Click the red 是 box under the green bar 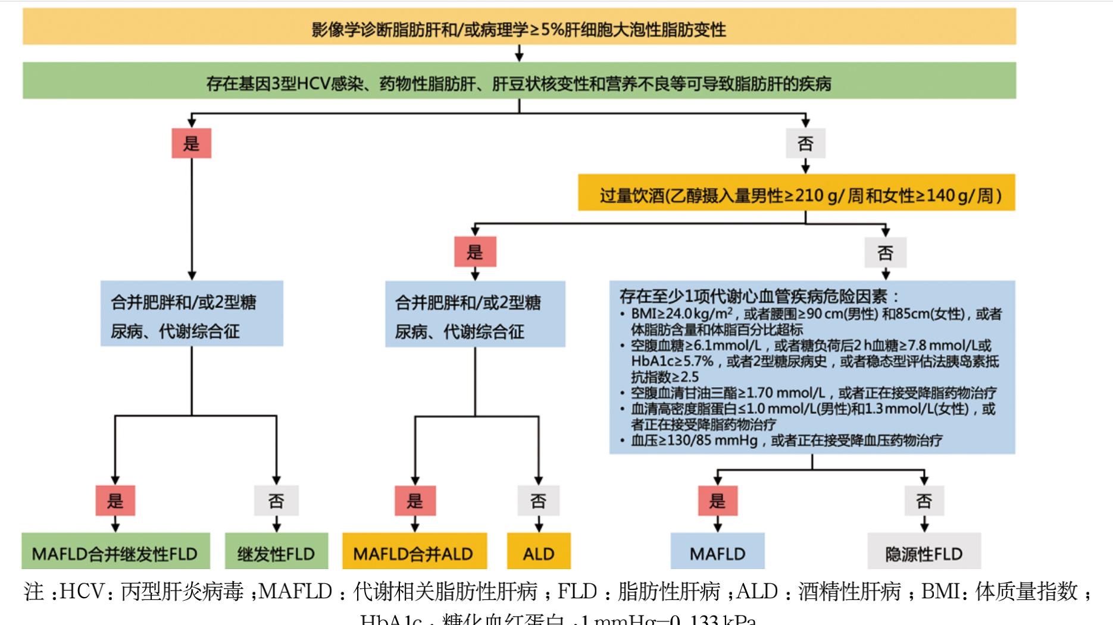[x=191, y=143]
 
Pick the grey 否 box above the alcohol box [x=805, y=143]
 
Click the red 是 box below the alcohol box [x=474, y=252]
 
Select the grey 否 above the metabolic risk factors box [x=885, y=252]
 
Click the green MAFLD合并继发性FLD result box [x=115, y=552]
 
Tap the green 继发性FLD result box [x=276, y=552]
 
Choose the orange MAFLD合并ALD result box [x=414, y=552]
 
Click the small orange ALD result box [x=539, y=552]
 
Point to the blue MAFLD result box [x=717, y=552]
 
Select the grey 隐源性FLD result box [x=924, y=552]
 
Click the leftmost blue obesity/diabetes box [x=191, y=314]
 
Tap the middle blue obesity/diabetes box [x=474, y=314]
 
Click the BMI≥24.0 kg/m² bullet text [x=684, y=314]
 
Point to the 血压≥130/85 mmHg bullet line [x=786, y=441]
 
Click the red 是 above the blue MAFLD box [x=717, y=501]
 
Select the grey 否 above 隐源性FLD [x=924, y=501]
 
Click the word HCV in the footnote [x=80, y=592]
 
